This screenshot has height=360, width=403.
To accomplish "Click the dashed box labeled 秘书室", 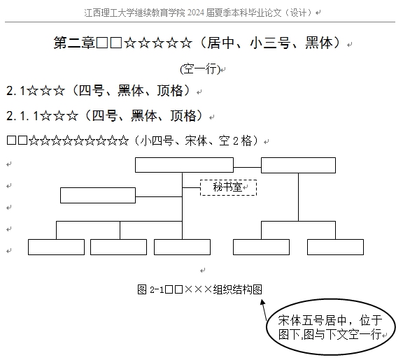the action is pyautogui.click(x=228, y=188).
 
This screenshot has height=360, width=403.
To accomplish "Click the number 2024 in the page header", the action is pyautogui.click(x=196, y=13).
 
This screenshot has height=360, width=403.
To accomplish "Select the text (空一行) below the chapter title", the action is pyautogui.click(x=200, y=69).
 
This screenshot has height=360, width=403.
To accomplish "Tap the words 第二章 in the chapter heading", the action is pyautogui.click(x=74, y=43).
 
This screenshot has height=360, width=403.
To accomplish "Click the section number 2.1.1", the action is pyautogui.click(x=22, y=116).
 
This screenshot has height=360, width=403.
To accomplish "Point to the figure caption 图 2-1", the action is pyautogui.click(x=150, y=289).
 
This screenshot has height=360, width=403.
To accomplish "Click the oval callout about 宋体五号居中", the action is pyautogui.click(x=331, y=326).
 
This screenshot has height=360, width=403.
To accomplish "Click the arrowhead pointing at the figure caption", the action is pyautogui.click(x=262, y=302).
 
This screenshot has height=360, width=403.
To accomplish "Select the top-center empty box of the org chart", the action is pyautogui.click(x=184, y=165).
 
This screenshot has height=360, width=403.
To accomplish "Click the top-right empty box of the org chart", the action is pyautogui.click(x=298, y=165).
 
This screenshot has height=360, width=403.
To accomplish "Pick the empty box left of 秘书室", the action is pyautogui.click(x=98, y=196).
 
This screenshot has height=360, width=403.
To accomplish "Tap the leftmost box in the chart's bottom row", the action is pyautogui.click(x=56, y=247).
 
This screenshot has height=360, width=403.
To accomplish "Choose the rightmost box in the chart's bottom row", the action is pyautogui.click(x=335, y=247).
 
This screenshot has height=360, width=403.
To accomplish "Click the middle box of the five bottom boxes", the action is pyautogui.click(x=182, y=247).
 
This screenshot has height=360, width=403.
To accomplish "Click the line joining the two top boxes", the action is pyautogui.click(x=247, y=168).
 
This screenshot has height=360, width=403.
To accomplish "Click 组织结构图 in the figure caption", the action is pyautogui.click(x=237, y=289).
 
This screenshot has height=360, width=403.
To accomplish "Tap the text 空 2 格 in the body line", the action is pyautogui.click(x=235, y=141).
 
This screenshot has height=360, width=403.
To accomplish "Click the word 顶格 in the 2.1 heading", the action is pyautogui.click(x=170, y=91).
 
